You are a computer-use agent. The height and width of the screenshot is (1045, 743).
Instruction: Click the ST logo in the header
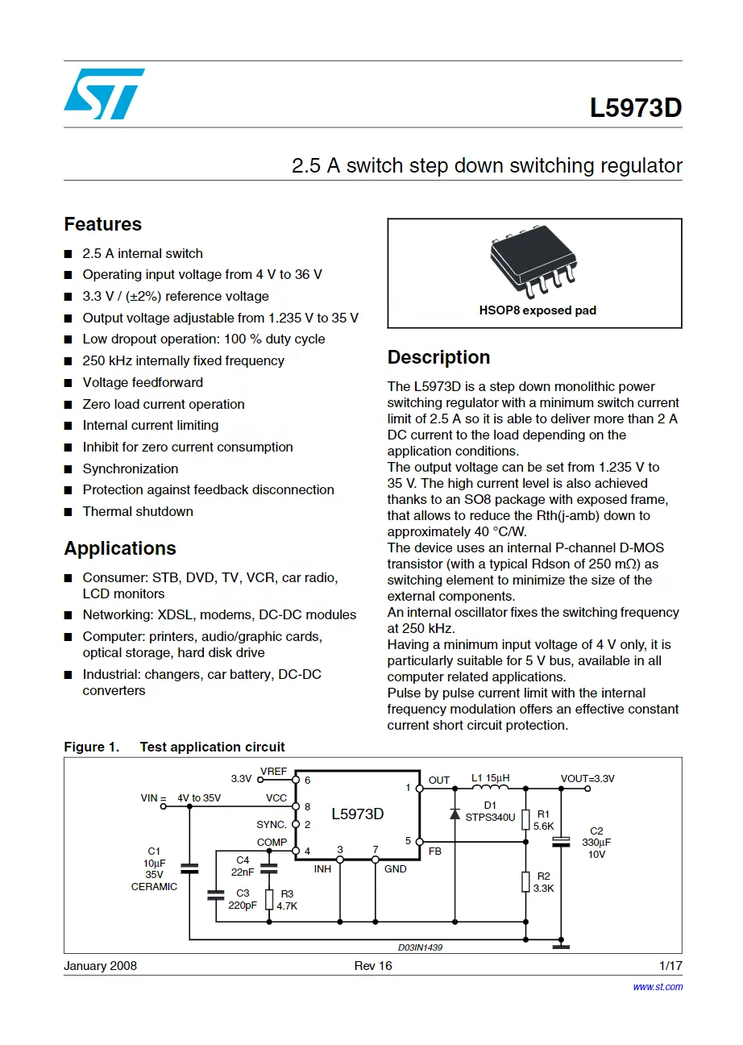coord(104,94)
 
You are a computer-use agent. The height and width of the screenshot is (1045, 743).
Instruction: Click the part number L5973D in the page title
coord(635,108)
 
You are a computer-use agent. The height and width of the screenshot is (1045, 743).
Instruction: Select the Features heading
coord(102,224)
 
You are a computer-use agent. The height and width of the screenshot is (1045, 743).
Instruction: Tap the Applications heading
coord(119,548)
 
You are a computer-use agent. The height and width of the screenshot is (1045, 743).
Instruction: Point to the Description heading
coord(438,357)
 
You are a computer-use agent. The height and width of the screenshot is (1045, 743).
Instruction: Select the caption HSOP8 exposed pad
coord(538,310)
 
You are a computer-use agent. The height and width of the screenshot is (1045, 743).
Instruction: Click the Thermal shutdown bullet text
coord(138,511)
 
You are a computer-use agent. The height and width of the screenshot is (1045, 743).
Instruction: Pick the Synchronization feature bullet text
coord(131,468)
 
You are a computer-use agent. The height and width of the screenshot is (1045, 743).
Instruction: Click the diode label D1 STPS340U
coord(490,811)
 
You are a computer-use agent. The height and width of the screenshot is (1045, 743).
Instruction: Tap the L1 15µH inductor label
coord(490,779)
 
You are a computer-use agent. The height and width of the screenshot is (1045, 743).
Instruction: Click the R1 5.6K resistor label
coord(543,820)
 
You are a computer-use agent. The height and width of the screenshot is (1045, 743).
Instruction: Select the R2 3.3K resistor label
coord(543,882)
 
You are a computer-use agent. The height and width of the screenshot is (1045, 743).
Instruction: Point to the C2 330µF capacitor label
coord(596,843)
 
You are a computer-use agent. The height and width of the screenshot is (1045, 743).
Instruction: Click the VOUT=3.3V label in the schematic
coord(587,779)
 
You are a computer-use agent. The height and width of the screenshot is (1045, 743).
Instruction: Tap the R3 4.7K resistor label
coord(286,899)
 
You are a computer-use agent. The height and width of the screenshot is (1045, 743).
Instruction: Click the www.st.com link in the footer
coord(658,986)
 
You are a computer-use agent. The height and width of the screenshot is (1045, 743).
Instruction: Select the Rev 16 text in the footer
coord(372,966)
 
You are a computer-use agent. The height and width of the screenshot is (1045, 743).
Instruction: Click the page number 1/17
coord(670,966)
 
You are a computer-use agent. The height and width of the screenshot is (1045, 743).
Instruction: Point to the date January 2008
coord(100,966)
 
